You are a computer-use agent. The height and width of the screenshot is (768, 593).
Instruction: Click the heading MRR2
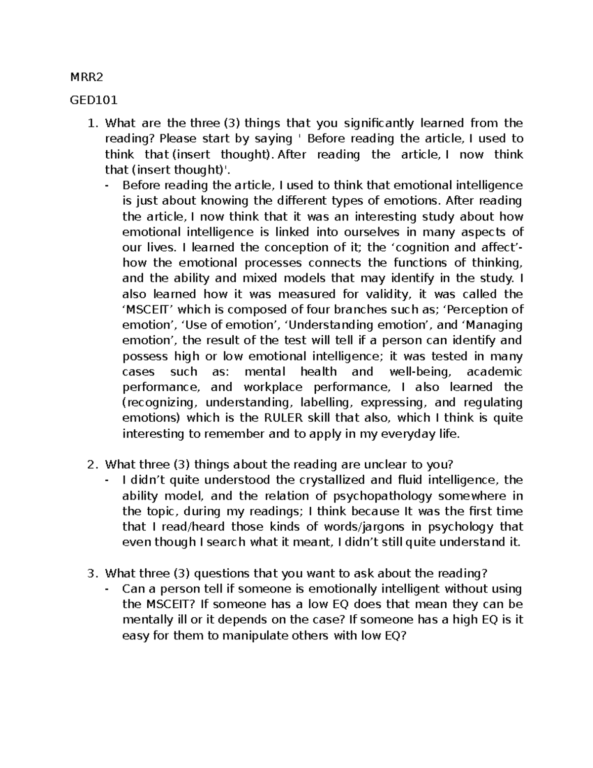click(87, 77)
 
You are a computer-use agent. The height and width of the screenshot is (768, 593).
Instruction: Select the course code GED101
click(94, 100)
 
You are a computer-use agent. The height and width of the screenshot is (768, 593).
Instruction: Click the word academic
click(494, 372)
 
